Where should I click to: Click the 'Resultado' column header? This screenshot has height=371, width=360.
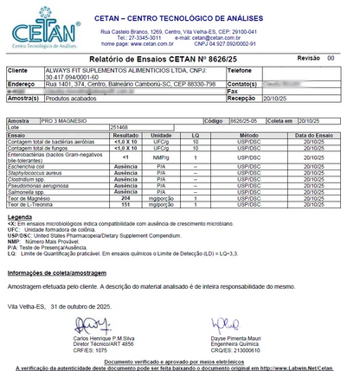(126, 136)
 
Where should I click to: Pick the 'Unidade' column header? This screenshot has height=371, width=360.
(161, 136)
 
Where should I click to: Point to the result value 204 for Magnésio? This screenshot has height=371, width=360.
(126, 199)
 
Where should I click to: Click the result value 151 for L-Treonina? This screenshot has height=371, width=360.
(126, 205)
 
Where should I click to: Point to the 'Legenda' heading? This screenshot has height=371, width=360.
(19, 216)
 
